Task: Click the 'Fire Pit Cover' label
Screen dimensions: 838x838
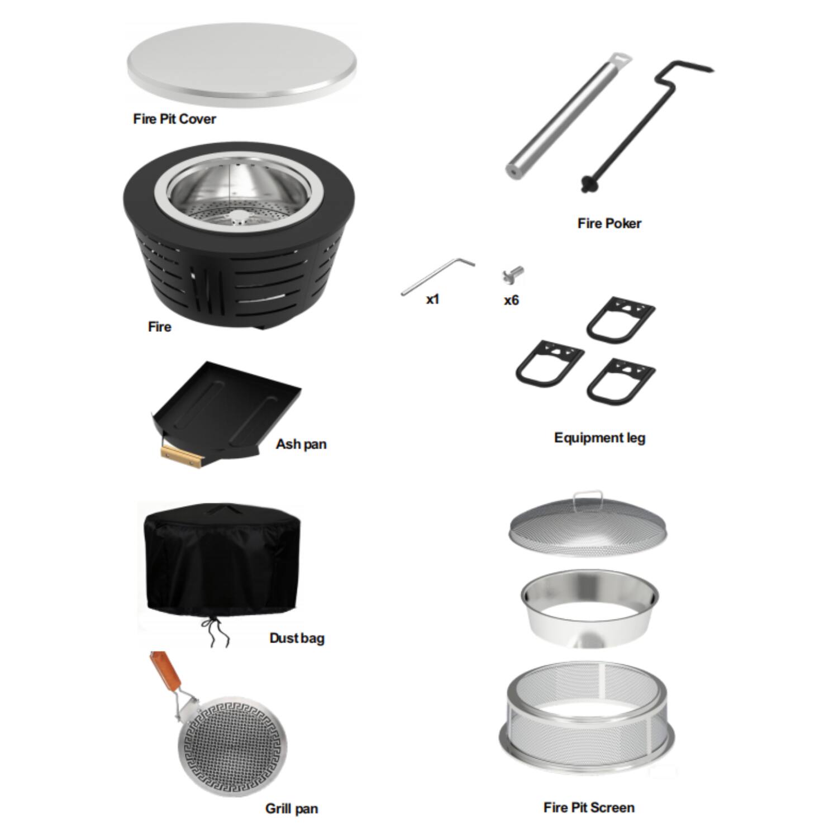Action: [174, 119]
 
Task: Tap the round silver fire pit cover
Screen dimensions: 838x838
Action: [241, 63]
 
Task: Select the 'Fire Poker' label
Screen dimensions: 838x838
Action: [609, 223]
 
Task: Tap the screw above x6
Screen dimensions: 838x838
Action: [513, 275]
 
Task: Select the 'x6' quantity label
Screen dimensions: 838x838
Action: [511, 301]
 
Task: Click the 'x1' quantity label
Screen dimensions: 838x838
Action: [432, 300]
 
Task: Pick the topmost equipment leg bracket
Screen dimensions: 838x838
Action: [620, 321]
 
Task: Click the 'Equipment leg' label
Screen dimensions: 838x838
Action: [599, 437]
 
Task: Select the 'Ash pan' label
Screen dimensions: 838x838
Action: [301, 444]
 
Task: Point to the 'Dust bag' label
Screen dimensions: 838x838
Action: [297, 638]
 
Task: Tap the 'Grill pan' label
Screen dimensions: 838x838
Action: [291, 808]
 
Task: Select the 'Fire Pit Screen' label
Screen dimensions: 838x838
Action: [589, 807]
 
